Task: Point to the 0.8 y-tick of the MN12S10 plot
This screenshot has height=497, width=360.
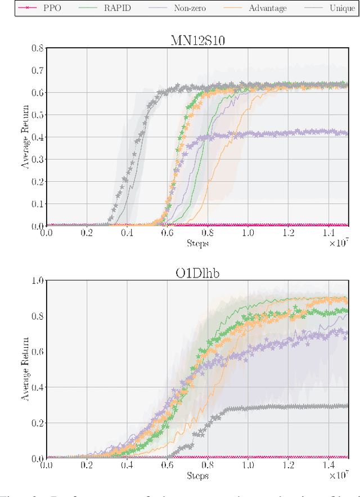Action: (x=37, y=48)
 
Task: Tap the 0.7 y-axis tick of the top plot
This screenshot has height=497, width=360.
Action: (x=37, y=70)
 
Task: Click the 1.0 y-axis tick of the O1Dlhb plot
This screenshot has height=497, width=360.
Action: (x=37, y=280)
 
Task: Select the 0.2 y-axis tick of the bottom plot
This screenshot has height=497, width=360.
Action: (x=37, y=423)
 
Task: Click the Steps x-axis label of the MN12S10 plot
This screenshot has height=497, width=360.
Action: (x=197, y=244)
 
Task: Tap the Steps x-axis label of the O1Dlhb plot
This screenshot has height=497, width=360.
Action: (x=197, y=476)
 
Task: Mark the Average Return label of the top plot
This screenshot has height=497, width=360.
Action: (x=25, y=137)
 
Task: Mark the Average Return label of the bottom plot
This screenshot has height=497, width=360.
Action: (x=25, y=369)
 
